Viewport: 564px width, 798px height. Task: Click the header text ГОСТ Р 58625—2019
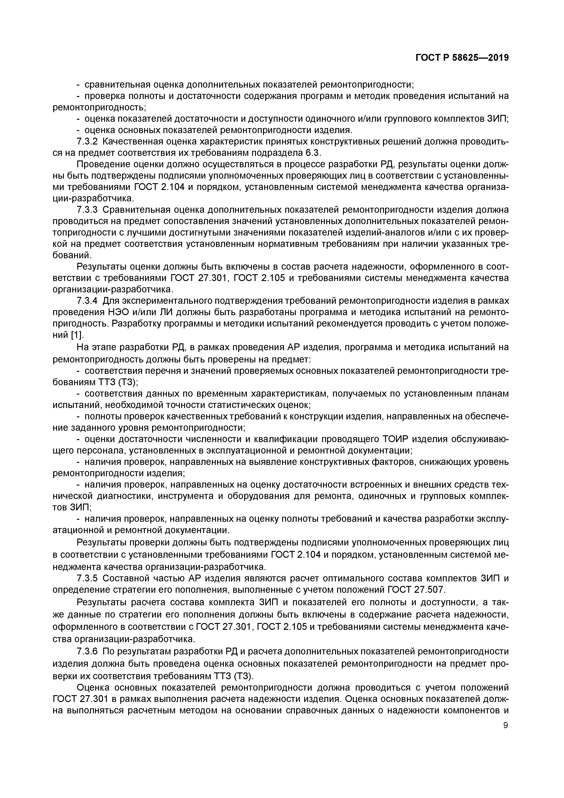[x=462, y=58]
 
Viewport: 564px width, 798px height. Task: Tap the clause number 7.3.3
[x=87, y=210]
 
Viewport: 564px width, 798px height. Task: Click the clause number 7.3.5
[x=87, y=578]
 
